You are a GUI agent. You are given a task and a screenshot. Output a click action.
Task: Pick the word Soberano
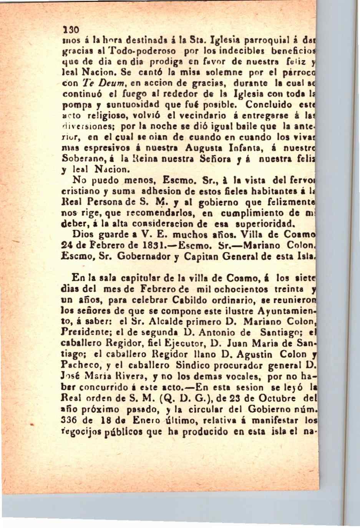tap(81, 158)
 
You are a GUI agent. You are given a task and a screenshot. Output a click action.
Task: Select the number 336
tap(70, 420)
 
